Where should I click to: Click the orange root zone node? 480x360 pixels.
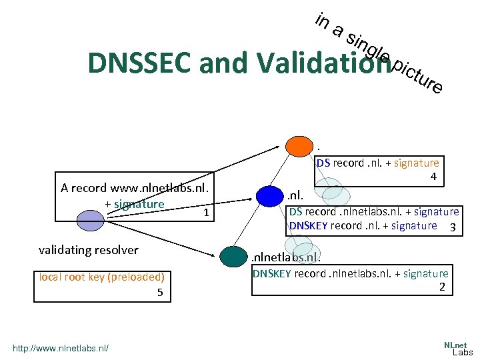299,145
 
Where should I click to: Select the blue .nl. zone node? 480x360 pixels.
269,196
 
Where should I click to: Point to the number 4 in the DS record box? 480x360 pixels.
433,177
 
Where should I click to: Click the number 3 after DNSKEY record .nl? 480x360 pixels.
453,227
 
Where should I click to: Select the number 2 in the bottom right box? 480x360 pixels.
441,287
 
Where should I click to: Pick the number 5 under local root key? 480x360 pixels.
159,292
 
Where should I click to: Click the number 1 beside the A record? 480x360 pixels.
207,213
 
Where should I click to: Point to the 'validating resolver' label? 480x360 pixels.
89,250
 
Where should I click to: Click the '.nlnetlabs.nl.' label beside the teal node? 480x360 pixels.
285,257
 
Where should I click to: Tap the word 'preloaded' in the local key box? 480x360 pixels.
137,277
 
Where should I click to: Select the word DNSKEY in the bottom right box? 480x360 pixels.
271,273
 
